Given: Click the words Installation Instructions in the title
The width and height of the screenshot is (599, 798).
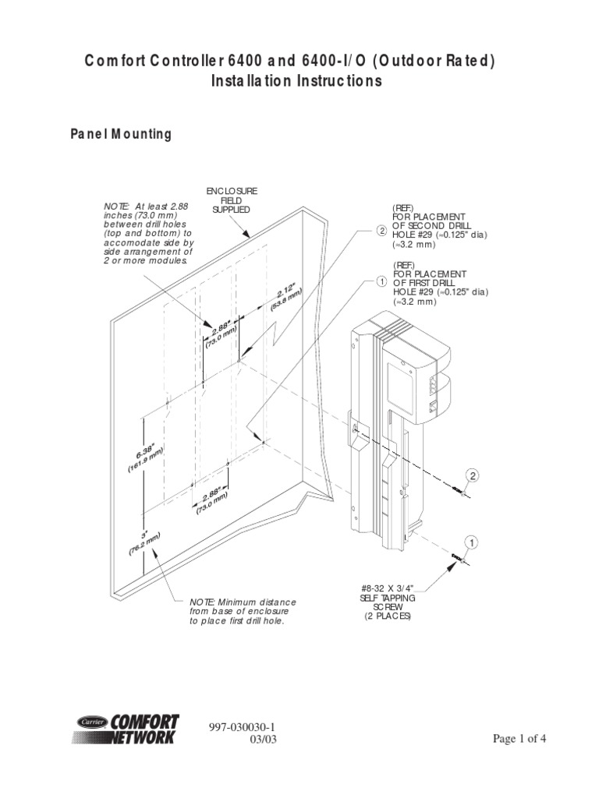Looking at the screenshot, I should (297, 81).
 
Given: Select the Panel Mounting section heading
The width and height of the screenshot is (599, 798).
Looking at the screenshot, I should (121, 134).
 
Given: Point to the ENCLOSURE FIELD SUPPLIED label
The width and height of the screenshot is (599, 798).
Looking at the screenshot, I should (232, 200).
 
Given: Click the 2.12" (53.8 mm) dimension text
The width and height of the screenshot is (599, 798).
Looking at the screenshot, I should (286, 298).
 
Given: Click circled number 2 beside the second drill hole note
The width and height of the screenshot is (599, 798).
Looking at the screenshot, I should (381, 231).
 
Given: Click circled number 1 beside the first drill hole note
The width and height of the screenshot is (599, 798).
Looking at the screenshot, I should (381, 281).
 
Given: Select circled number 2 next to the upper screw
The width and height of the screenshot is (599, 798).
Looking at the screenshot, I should (472, 475).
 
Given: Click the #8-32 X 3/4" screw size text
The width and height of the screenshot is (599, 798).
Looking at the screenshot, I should (388, 588).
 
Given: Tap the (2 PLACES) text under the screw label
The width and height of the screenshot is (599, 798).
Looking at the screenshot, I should (388, 616).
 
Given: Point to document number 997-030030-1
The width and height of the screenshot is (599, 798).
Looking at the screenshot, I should (243, 726).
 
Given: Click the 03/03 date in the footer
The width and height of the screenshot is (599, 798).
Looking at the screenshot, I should (260, 740).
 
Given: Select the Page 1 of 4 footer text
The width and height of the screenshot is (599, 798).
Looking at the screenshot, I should (520, 740).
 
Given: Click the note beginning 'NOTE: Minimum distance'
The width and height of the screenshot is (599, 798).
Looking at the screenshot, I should (243, 612).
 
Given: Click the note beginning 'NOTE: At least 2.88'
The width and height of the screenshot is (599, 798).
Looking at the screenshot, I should (148, 233).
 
